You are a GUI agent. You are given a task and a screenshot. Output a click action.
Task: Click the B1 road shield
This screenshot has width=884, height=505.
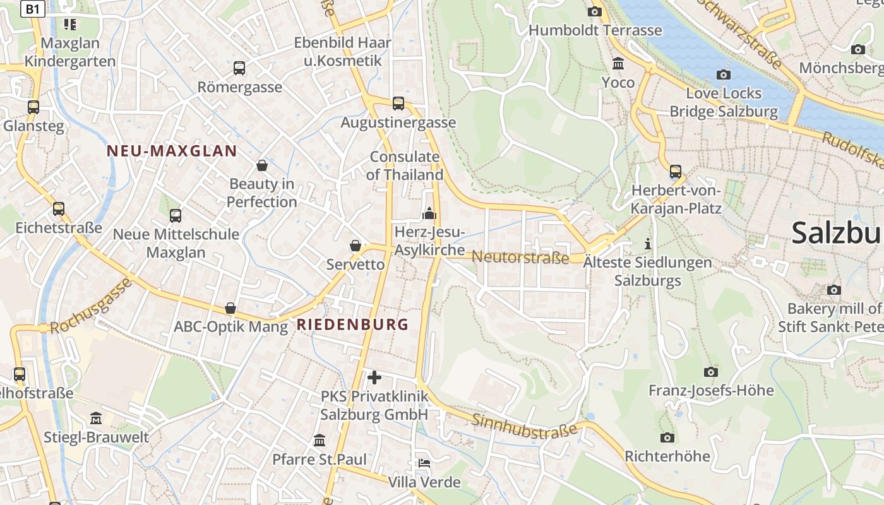click(x=33, y=8)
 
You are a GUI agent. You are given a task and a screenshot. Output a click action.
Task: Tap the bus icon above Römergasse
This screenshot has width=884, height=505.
click(x=239, y=68)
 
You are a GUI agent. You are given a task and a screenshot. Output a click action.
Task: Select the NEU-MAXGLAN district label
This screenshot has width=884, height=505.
click(x=172, y=151)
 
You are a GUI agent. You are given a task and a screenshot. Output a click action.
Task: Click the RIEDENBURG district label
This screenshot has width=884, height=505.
click(x=353, y=325)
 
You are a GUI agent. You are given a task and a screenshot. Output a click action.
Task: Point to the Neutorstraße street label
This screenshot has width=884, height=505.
click(x=520, y=257)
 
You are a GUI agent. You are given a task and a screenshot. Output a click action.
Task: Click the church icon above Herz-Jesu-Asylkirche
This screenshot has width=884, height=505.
click(x=429, y=213)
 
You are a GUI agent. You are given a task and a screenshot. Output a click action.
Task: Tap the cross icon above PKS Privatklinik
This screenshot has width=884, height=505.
click(x=374, y=377)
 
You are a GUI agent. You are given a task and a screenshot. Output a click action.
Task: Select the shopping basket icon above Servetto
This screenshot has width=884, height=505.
click(x=355, y=246)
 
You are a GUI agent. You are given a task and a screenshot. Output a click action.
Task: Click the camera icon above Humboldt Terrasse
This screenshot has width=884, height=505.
click(x=595, y=11)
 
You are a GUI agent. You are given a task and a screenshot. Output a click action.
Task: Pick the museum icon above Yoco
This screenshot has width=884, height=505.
click(x=618, y=64)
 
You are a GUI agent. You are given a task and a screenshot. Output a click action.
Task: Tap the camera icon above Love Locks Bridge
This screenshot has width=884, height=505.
click(x=724, y=74)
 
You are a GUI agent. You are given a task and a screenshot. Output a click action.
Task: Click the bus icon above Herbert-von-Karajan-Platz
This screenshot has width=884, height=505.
click(x=676, y=171)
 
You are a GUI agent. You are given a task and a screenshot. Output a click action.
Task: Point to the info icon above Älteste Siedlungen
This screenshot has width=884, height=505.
click(x=647, y=244)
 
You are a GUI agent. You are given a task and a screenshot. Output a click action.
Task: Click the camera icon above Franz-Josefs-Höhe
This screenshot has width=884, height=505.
click(x=711, y=372)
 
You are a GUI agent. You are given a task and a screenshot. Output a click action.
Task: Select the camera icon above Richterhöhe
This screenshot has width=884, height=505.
click(x=667, y=437)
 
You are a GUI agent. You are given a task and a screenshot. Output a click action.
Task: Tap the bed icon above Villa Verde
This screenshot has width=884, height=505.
click(x=424, y=463)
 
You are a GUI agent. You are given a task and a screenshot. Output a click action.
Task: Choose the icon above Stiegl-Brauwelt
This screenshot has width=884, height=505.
click(x=96, y=418)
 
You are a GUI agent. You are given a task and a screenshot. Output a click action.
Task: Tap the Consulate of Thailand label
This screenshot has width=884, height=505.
click(x=405, y=165)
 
